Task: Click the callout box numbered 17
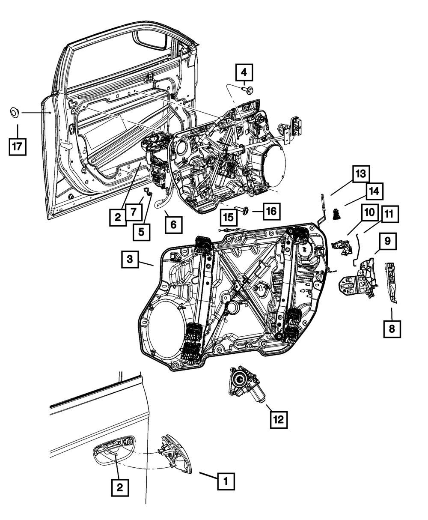(18, 146)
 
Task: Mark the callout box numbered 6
(173, 224)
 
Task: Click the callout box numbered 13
(361, 175)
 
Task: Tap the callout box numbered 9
(387, 241)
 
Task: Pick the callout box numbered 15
(229, 217)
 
